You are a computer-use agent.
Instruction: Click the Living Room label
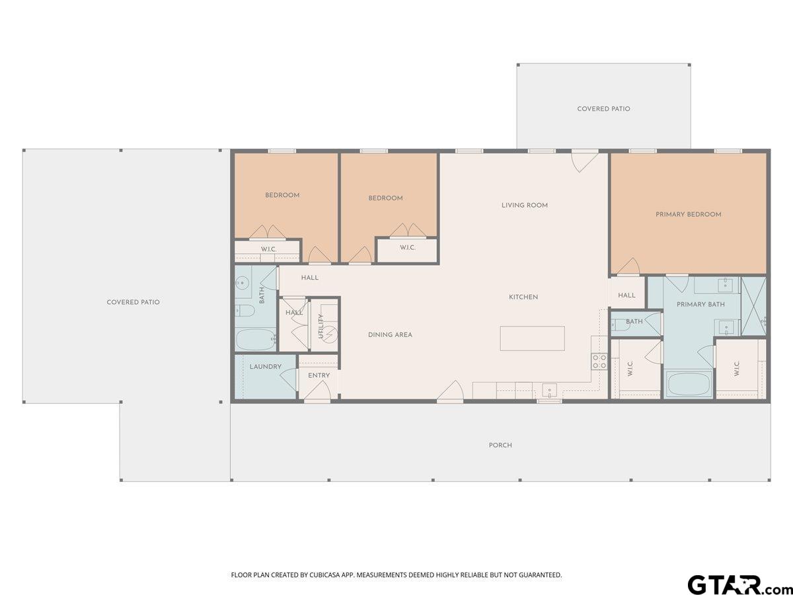525,205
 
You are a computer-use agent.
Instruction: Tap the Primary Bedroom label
689,214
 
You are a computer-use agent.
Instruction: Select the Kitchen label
523,297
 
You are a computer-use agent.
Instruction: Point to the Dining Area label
390,335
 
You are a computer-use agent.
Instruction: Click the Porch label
500,445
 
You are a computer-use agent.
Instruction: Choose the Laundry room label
266,366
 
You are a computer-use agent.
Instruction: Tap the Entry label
319,376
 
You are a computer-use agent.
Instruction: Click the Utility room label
321,326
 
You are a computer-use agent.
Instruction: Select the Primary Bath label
701,304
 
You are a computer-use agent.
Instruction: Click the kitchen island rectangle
533,338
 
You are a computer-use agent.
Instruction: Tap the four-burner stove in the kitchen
599,362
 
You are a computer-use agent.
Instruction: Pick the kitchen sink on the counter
550,391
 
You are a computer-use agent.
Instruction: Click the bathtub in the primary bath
689,384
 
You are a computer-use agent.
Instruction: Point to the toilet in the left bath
245,310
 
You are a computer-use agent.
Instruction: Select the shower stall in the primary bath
754,306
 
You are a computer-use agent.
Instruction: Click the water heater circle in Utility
330,334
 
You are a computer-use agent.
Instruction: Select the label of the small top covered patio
604,108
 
